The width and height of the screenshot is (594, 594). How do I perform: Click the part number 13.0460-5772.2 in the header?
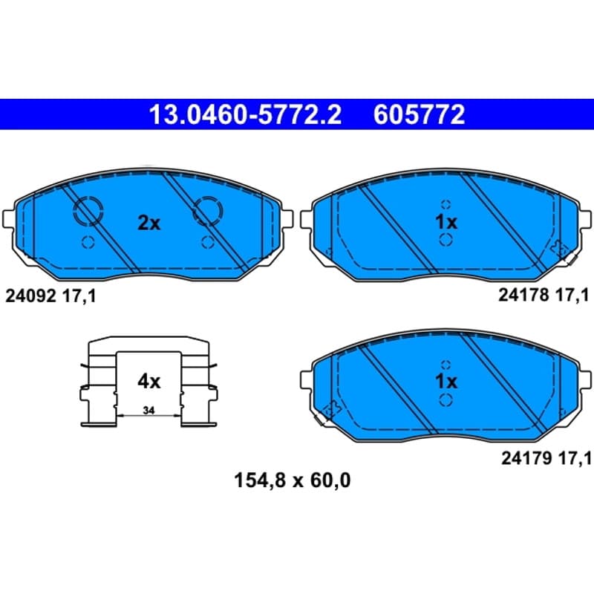(x=245, y=115)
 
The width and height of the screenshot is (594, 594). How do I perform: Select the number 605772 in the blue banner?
(x=419, y=115)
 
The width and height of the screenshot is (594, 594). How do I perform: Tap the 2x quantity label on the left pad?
(x=149, y=223)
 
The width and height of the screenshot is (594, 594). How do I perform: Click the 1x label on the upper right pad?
(x=446, y=222)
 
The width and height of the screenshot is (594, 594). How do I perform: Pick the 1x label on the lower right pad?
(x=446, y=382)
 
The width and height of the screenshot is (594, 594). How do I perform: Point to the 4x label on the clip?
(x=149, y=382)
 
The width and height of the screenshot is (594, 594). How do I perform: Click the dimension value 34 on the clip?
(x=149, y=411)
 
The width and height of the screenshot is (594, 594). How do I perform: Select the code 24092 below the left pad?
(x=30, y=296)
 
